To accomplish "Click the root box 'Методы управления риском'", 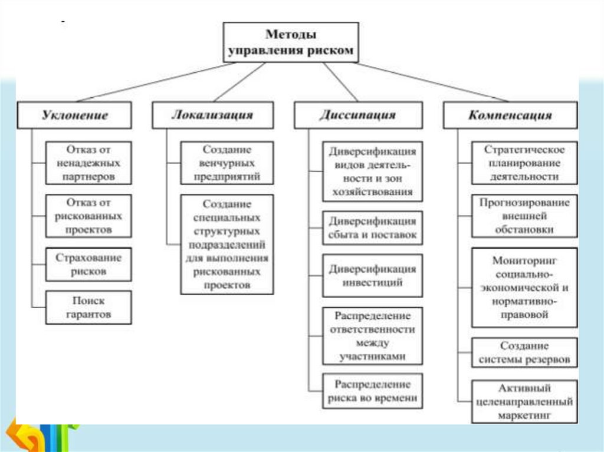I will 291,42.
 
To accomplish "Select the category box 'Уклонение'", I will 74,115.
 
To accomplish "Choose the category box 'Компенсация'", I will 510,115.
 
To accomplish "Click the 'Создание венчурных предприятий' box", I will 227,163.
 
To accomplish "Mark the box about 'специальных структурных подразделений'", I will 227,244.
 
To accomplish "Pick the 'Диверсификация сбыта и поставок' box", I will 372,228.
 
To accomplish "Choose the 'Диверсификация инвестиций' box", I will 372,276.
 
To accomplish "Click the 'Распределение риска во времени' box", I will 372,391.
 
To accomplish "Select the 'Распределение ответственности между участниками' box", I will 372,335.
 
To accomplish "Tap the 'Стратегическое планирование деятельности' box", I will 524,163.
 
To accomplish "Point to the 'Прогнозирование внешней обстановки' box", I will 524,216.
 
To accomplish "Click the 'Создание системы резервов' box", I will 524,352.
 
